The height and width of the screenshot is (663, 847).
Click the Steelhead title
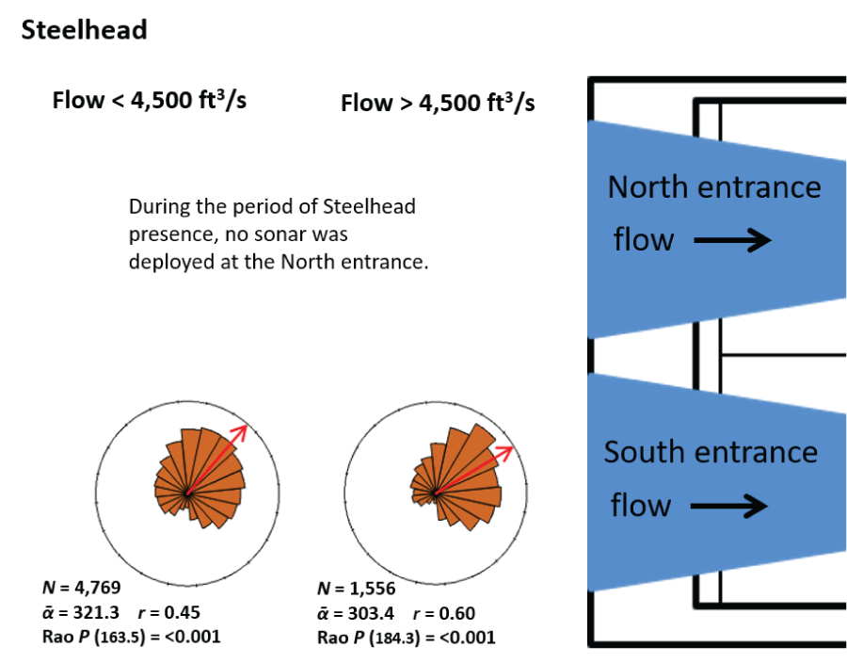pyautogui.click(x=84, y=30)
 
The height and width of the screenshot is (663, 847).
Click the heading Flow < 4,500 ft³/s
pyautogui.click(x=150, y=100)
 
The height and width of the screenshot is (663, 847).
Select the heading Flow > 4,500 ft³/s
pyautogui.click(x=438, y=102)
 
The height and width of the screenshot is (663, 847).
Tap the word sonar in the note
pyautogui.click(x=289, y=234)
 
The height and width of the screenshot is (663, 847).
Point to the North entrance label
pyautogui.click(x=714, y=186)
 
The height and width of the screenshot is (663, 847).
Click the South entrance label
pyautogui.click(x=711, y=452)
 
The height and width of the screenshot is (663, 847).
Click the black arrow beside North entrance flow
pyautogui.click(x=733, y=241)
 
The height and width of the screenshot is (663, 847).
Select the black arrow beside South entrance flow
pyautogui.click(x=729, y=507)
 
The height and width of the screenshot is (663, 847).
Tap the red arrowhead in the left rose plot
pyautogui.click(x=241, y=431)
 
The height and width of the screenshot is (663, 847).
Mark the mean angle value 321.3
pyautogui.click(x=95, y=612)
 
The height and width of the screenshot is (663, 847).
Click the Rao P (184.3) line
pyautogui.click(x=408, y=638)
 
